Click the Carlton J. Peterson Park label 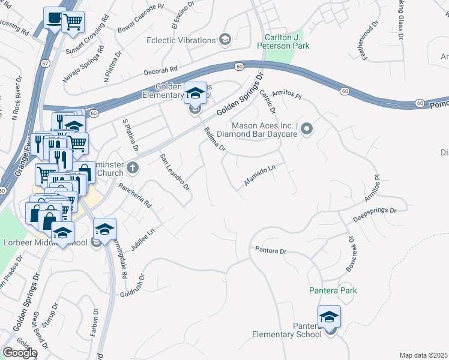(279, 41)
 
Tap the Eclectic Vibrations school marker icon (225, 40)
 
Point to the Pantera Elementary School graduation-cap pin (329, 317)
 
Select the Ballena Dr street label (214, 139)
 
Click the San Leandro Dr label (175, 172)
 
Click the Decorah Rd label (161, 70)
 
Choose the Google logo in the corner (19, 353)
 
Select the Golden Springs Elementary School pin (195, 94)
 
